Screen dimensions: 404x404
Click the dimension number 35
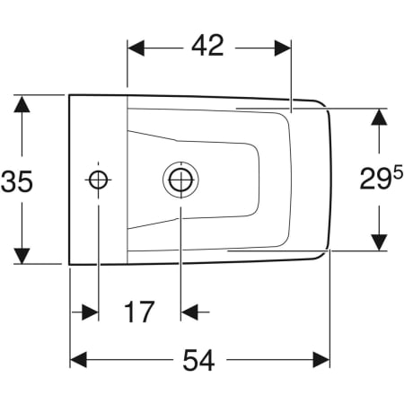[18, 181]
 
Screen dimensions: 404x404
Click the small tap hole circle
[99, 179]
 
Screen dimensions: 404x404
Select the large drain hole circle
[180, 179]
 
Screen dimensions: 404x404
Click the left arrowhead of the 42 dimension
[136, 46]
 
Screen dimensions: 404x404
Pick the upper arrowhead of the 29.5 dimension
[380, 119]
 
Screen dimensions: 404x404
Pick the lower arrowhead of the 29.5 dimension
[380, 241]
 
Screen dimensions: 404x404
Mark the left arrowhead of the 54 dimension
[79, 359]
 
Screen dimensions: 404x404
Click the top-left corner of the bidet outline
[70, 94]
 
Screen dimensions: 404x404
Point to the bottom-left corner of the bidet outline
[70, 264]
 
